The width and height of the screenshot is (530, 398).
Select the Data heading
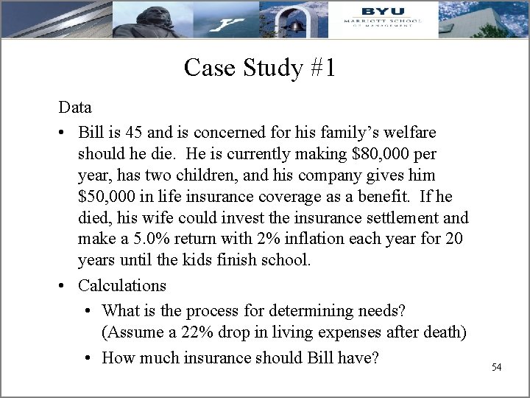[x=75, y=108]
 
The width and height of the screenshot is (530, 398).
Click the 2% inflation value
[x=266, y=240]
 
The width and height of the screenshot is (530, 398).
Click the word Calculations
[x=122, y=285]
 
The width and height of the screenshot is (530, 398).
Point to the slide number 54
[x=496, y=366]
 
